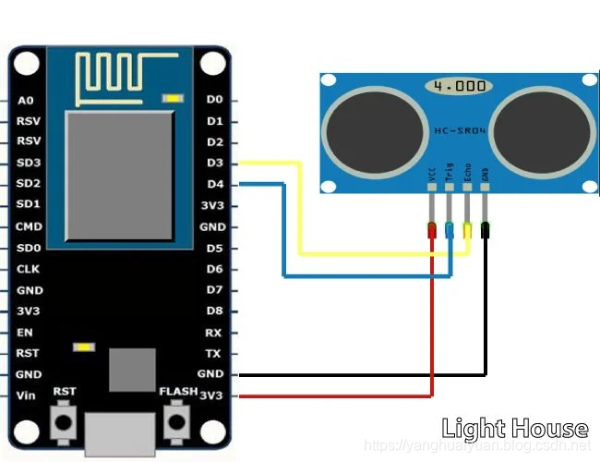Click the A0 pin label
pos(25,99)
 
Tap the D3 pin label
pos(214,163)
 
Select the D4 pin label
pos(214,184)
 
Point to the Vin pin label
pos(26,395)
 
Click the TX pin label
pos(213,354)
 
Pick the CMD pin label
pos(28,226)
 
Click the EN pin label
pos(25,333)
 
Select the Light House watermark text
pos(514,428)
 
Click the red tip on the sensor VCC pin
pos(431,231)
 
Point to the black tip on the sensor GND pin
pos(486,231)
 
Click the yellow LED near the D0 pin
pos(173,98)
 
